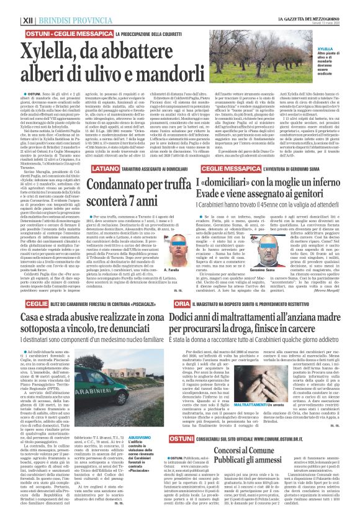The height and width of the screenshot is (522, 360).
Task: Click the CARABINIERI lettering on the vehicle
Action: click(90, 391)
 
